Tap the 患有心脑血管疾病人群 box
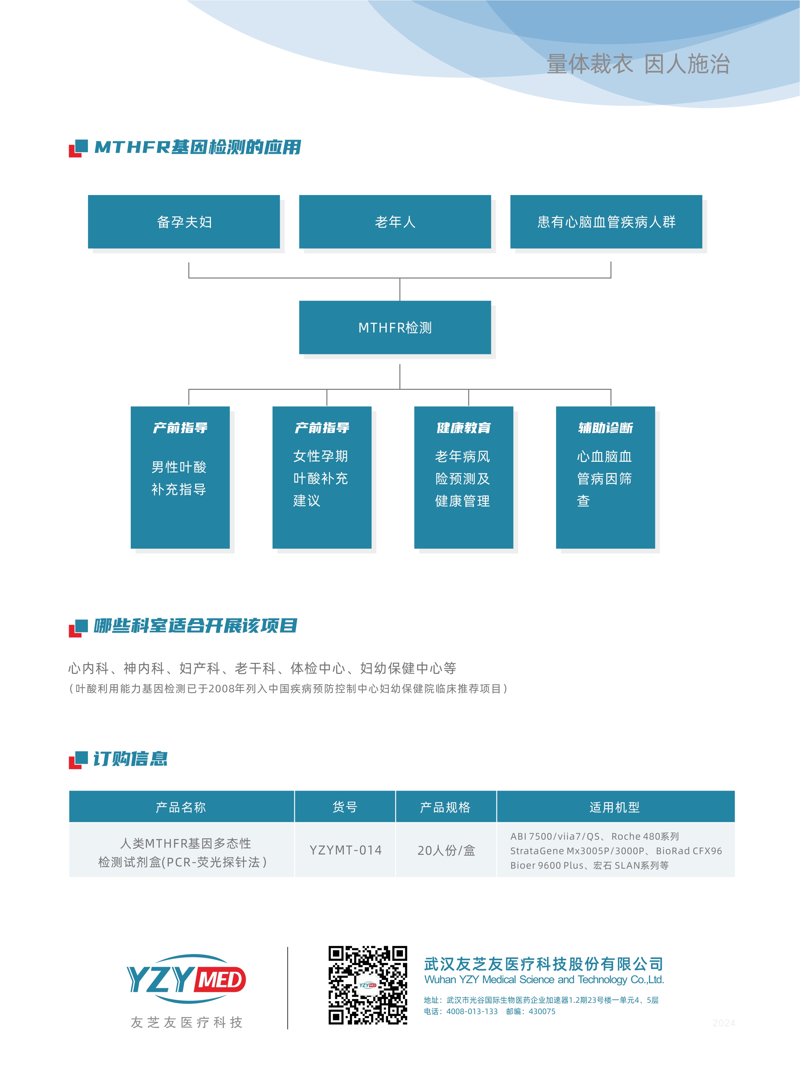point(606,222)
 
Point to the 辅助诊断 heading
point(605,428)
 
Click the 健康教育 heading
point(463,428)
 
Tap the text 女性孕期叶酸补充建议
point(321,478)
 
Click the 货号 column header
point(345,807)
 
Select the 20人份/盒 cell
point(446,850)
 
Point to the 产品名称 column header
point(181,807)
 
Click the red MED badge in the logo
point(220,980)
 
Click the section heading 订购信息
point(130,758)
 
